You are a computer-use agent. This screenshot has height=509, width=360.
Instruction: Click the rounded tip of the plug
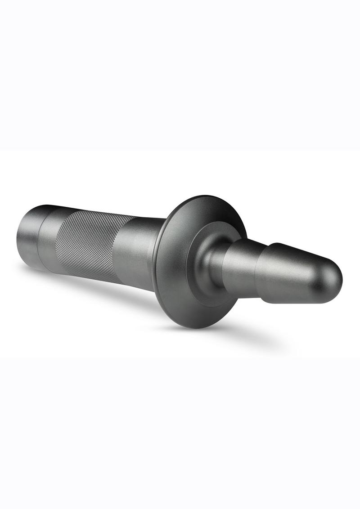pos(337,281)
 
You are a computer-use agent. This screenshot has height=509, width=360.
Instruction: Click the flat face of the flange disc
pos(175,288)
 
